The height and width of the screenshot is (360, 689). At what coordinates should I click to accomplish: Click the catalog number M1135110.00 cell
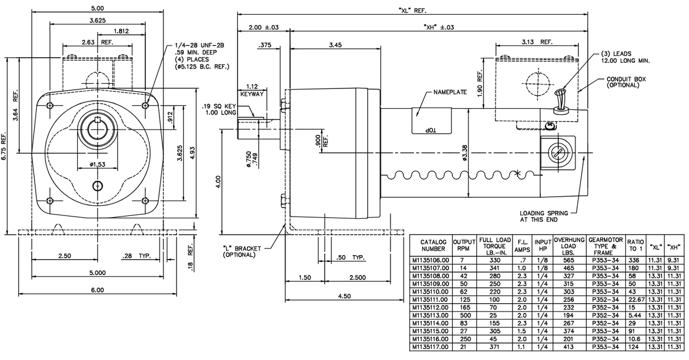(430, 291)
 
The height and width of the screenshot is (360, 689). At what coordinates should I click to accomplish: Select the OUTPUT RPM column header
(463, 245)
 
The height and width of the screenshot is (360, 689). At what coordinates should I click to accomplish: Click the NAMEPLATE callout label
(449, 92)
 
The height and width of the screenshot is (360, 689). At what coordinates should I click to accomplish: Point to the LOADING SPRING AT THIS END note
(544, 217)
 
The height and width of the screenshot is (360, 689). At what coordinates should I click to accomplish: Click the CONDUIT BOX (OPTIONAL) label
(626, 82)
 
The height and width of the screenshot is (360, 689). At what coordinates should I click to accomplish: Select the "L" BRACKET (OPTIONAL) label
(240, 251)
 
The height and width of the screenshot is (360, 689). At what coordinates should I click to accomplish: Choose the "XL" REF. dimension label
(412, 11)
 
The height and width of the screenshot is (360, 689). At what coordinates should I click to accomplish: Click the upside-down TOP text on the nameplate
(429, 129)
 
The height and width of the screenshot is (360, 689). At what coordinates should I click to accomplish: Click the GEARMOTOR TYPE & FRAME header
(603, 245)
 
